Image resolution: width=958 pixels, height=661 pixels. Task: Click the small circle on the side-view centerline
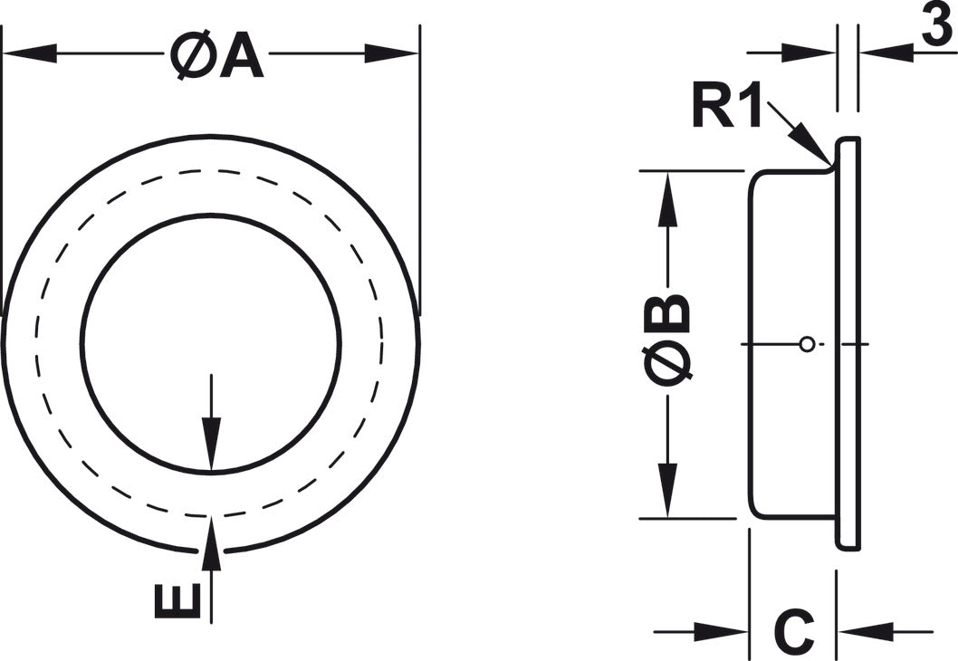pos(807,344)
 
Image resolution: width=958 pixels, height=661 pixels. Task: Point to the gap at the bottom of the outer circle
pos(211,551)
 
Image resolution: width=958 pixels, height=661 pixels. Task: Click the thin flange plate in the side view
pos(848,344)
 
